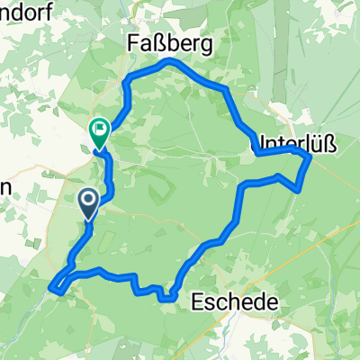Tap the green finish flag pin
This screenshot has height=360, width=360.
coord(97,134)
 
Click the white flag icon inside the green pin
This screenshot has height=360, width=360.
coord(97,130)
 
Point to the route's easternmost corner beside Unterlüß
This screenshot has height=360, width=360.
coord(310,157)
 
